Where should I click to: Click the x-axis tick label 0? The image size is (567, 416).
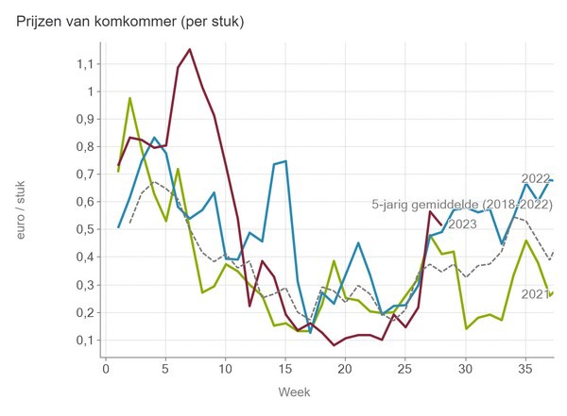(105, 369)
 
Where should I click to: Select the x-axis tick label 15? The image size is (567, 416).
(285, 369)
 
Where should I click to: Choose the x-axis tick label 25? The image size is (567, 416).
(405, 369)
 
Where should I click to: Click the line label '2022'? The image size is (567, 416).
(536, 178)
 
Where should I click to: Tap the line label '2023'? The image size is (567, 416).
(462, 225)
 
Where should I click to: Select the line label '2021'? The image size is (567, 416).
(535, 295)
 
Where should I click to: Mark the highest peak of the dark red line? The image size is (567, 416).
(190, 49)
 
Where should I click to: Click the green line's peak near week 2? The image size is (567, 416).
(130, 98)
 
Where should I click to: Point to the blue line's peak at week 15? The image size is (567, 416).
(285, 161)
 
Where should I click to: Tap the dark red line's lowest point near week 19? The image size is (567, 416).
(334, 345)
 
